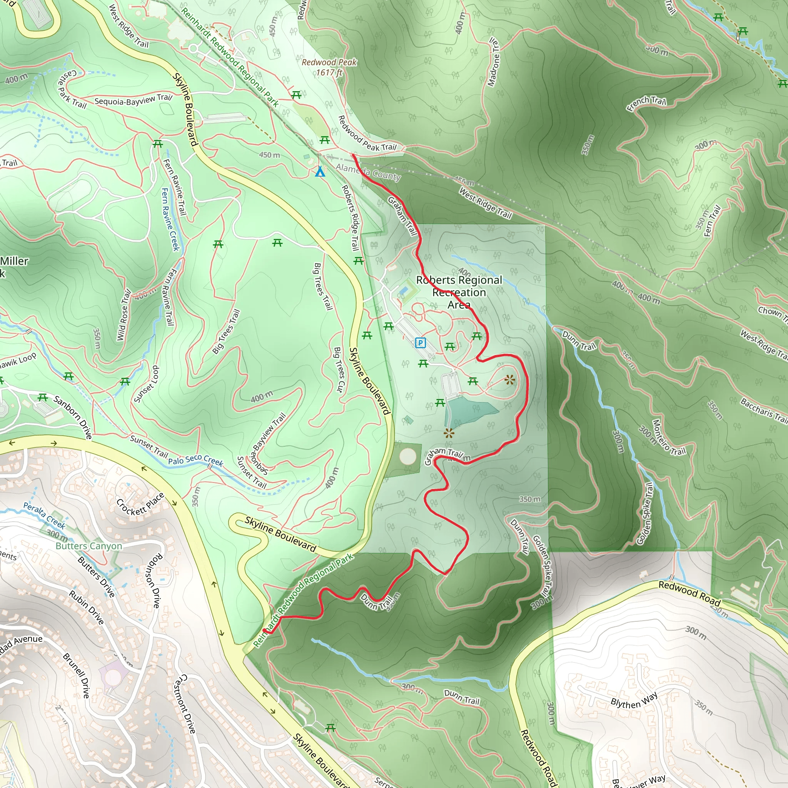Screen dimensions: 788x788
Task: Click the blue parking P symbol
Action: [x=420, y=342]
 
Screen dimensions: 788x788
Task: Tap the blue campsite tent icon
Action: [x=320, y=172]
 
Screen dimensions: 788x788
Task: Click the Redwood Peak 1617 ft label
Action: [x=329, y=67]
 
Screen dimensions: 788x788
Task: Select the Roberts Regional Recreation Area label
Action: [x=459, y=292]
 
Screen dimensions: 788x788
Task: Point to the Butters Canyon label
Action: [x=89, y=546]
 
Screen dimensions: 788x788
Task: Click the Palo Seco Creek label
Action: [x=196, y=460]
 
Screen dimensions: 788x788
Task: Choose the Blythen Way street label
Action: [x=634, y=700]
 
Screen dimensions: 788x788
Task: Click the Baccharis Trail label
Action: [x=764, y=410]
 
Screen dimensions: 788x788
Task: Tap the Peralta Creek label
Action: [x=44, y=515]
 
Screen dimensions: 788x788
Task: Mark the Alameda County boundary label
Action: [x=368, y=172]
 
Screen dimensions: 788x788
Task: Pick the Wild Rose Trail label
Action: [x=124, y=315]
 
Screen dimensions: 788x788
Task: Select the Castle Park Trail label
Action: [x=72, y=89]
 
